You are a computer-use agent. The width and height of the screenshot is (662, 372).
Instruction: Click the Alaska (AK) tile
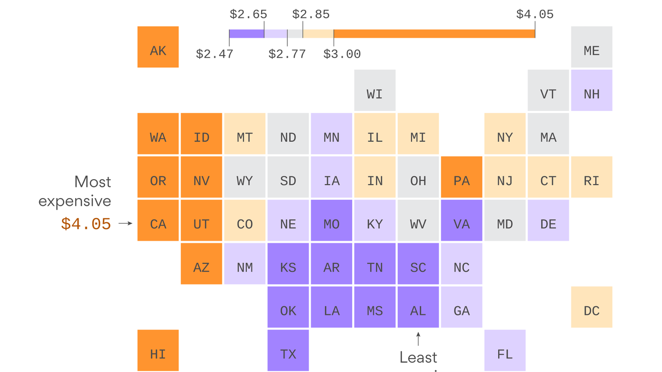[158, 47]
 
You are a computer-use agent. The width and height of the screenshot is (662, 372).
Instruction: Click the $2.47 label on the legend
[214, 54]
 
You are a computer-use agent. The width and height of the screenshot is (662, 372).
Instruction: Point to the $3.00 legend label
[342, 54]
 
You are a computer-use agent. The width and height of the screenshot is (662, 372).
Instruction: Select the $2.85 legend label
[311, 15]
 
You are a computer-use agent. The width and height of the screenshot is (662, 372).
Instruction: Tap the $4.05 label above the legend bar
[535, 15]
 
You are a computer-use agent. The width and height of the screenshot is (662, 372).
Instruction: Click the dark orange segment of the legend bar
[434, 34]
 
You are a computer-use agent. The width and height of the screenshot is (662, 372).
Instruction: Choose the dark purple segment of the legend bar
[246, 34]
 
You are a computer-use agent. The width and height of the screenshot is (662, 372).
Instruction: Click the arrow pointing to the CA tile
[125, 223]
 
